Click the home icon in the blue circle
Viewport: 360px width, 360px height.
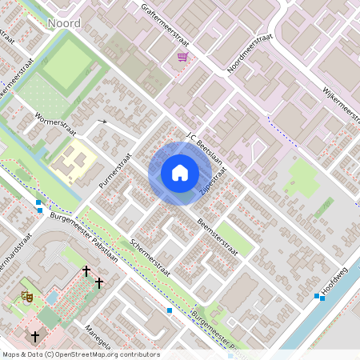click(x=180, y=172)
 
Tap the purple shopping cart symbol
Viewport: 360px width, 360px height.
click(x=183, y=57)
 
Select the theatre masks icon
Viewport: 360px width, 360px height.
click(x=26, y=295)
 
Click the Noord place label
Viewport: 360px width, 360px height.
click(x=63, y=23)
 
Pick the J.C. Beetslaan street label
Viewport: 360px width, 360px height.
click(x=206, y=150)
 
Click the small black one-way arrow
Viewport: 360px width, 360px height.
click(x=101, y=122)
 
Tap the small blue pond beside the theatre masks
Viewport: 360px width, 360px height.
click(x=53, y=298)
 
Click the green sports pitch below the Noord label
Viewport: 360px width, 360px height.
click(x=68, y=63)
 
